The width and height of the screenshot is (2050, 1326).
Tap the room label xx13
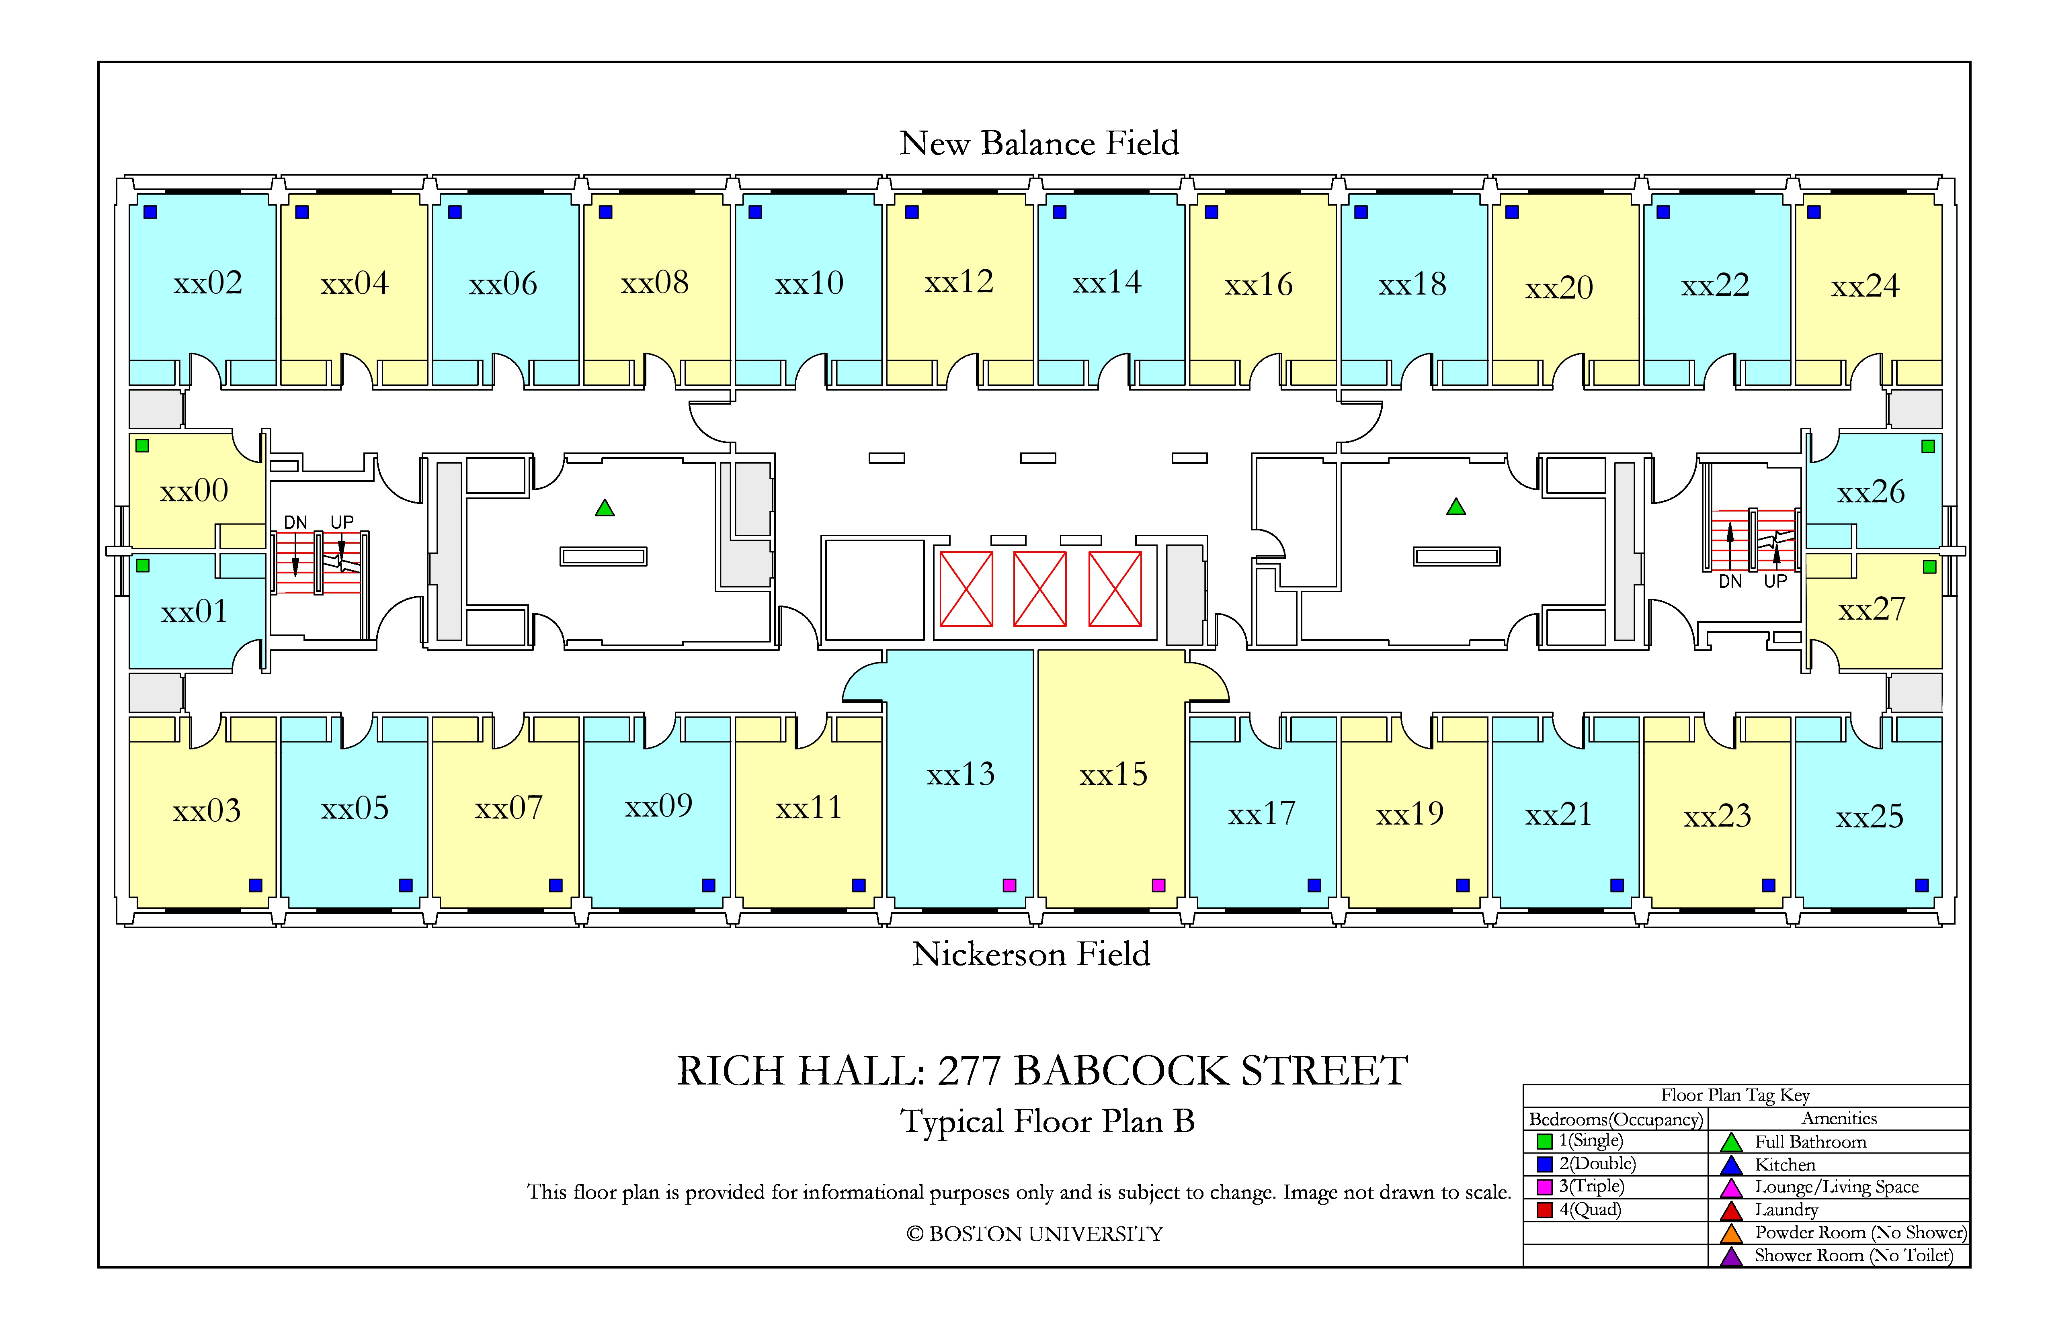point(960,774)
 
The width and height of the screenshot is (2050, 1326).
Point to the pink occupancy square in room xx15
point(1158,885)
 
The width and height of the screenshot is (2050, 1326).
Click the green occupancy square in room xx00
point(143,445)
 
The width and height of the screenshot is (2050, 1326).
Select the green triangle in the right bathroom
point(1455,507)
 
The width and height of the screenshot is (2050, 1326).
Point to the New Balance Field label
point(1039,143)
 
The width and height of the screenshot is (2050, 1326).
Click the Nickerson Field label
point(1031,954)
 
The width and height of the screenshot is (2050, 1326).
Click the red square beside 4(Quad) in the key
point(1544,1210)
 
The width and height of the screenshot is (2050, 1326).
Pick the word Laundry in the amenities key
point(1786,1210)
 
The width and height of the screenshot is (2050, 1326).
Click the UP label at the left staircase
point(342,522)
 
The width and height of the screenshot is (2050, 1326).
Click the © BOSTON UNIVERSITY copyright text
point(1035,1234)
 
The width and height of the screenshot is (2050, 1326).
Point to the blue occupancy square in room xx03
point(255,885)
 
